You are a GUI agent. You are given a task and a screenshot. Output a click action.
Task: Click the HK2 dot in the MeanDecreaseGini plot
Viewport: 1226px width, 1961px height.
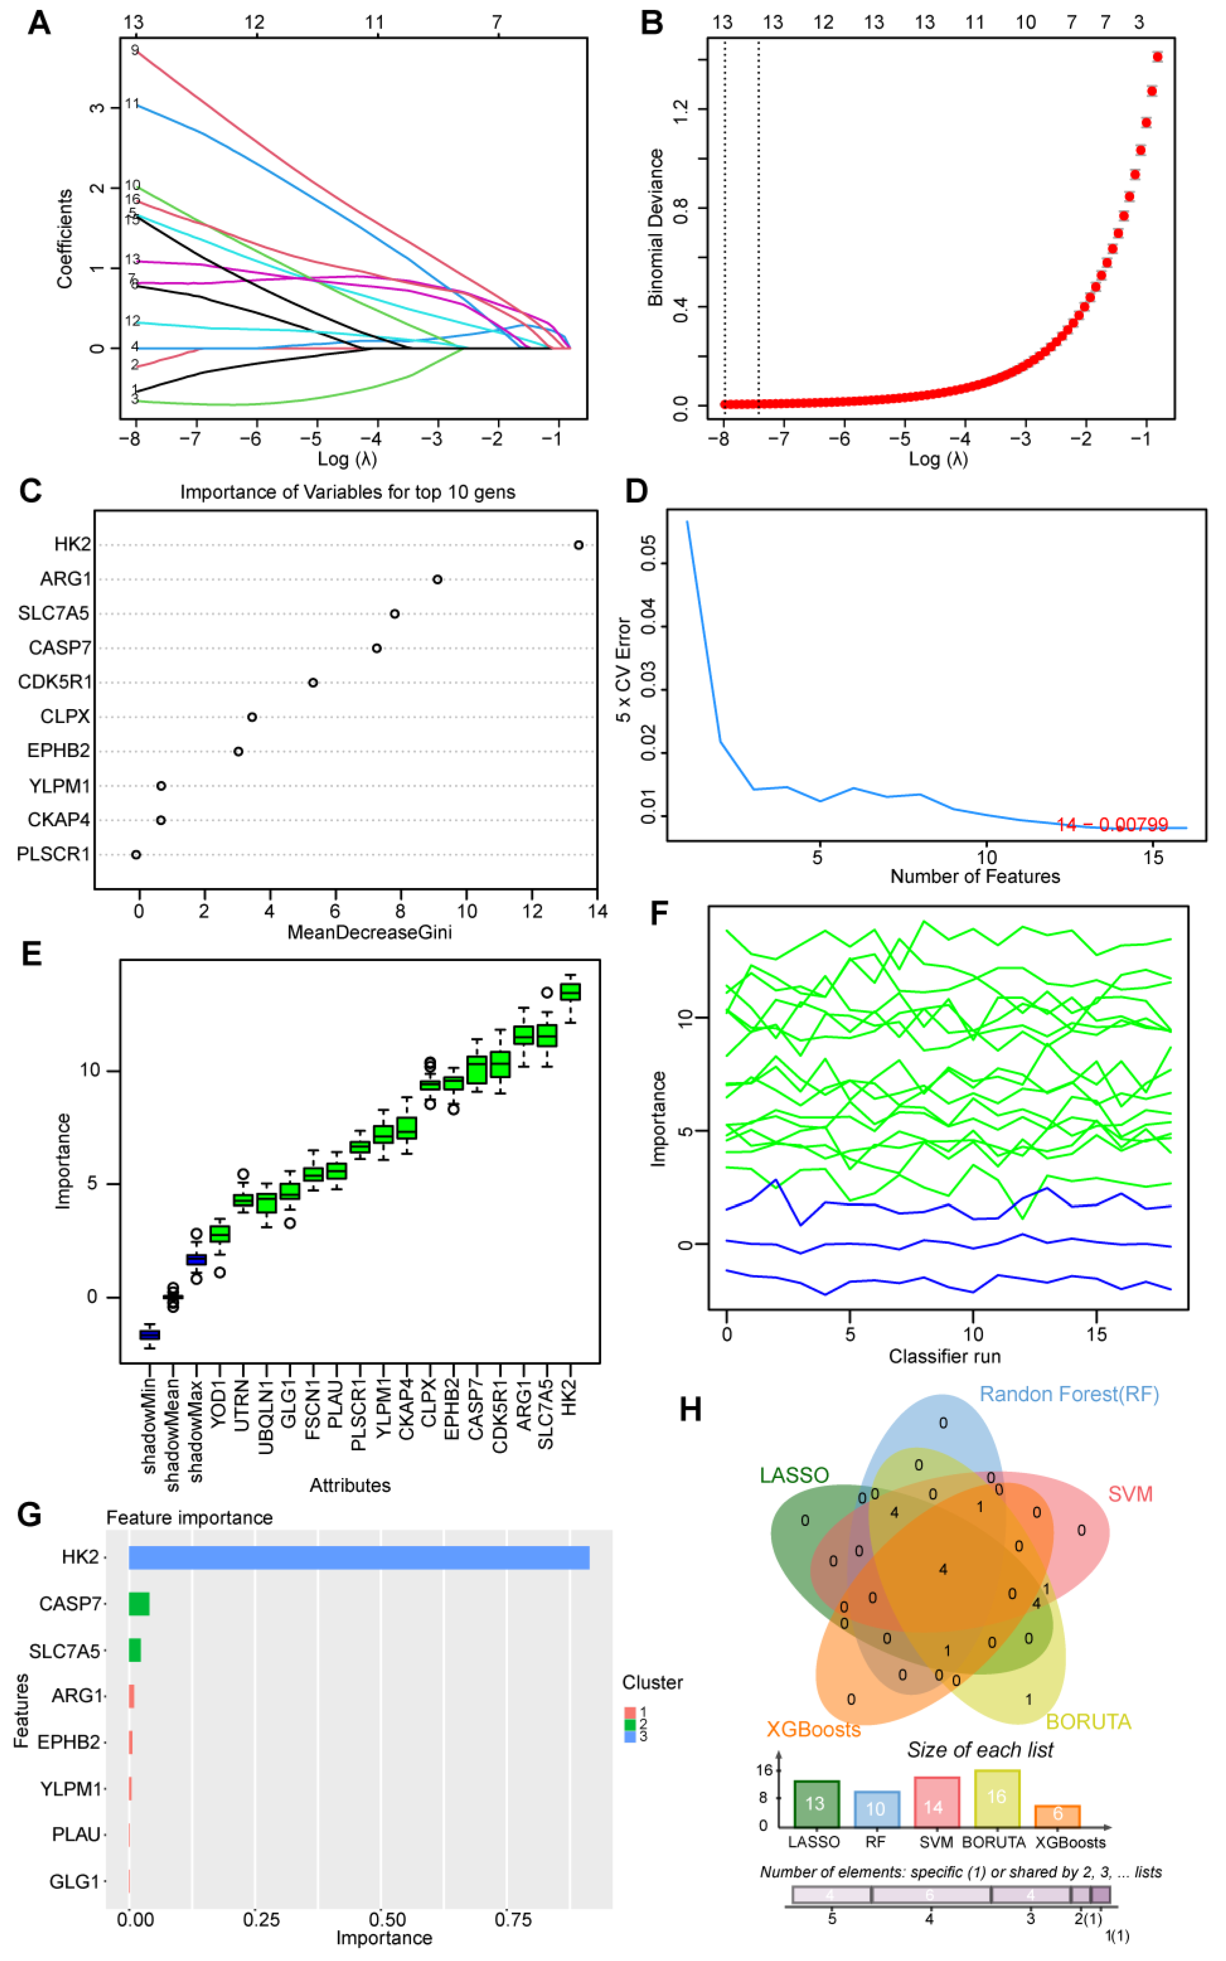pos(578,545)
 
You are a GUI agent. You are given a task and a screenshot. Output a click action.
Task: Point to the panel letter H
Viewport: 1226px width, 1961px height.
pos(690,1410)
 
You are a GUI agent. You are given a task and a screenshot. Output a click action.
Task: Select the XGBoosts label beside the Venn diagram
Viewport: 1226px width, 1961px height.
pos(813,1729)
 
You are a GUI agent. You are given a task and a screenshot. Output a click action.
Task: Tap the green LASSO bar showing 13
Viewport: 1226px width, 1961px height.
pos(816,1803)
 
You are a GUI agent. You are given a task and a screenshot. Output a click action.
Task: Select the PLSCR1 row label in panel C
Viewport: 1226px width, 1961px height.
pos(54,854)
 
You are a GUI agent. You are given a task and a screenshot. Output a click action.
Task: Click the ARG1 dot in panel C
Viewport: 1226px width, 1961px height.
pos(437,580)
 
